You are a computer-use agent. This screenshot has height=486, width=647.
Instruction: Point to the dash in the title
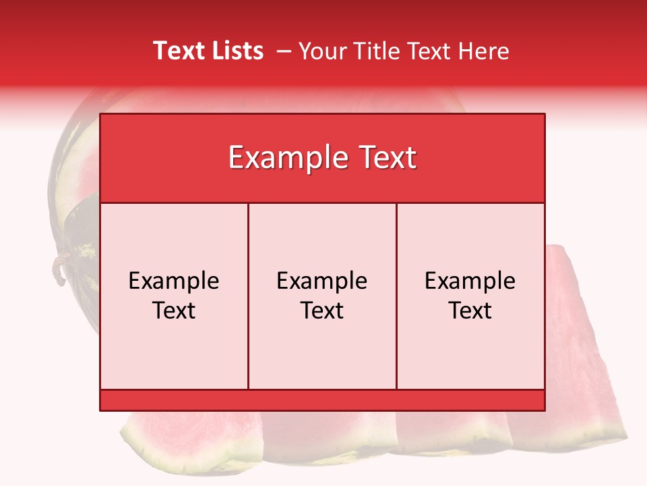tap(284, 51)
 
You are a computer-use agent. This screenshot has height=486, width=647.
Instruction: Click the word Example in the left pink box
tap(174, 281)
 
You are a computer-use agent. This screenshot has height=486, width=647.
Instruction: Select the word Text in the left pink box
tap(174, 310)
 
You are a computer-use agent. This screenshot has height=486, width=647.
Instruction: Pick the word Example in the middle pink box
tap(322, 281)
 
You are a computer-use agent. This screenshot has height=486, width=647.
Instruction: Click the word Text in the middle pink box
tap(322, 310)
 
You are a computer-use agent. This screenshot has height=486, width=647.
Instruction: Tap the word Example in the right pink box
tap(470, 281)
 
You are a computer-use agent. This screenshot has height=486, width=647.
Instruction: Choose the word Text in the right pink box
tap(470, 310)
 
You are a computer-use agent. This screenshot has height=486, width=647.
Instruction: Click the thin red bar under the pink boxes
tap(322, 400)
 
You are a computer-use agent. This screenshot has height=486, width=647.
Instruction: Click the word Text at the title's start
tap(177, 51)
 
